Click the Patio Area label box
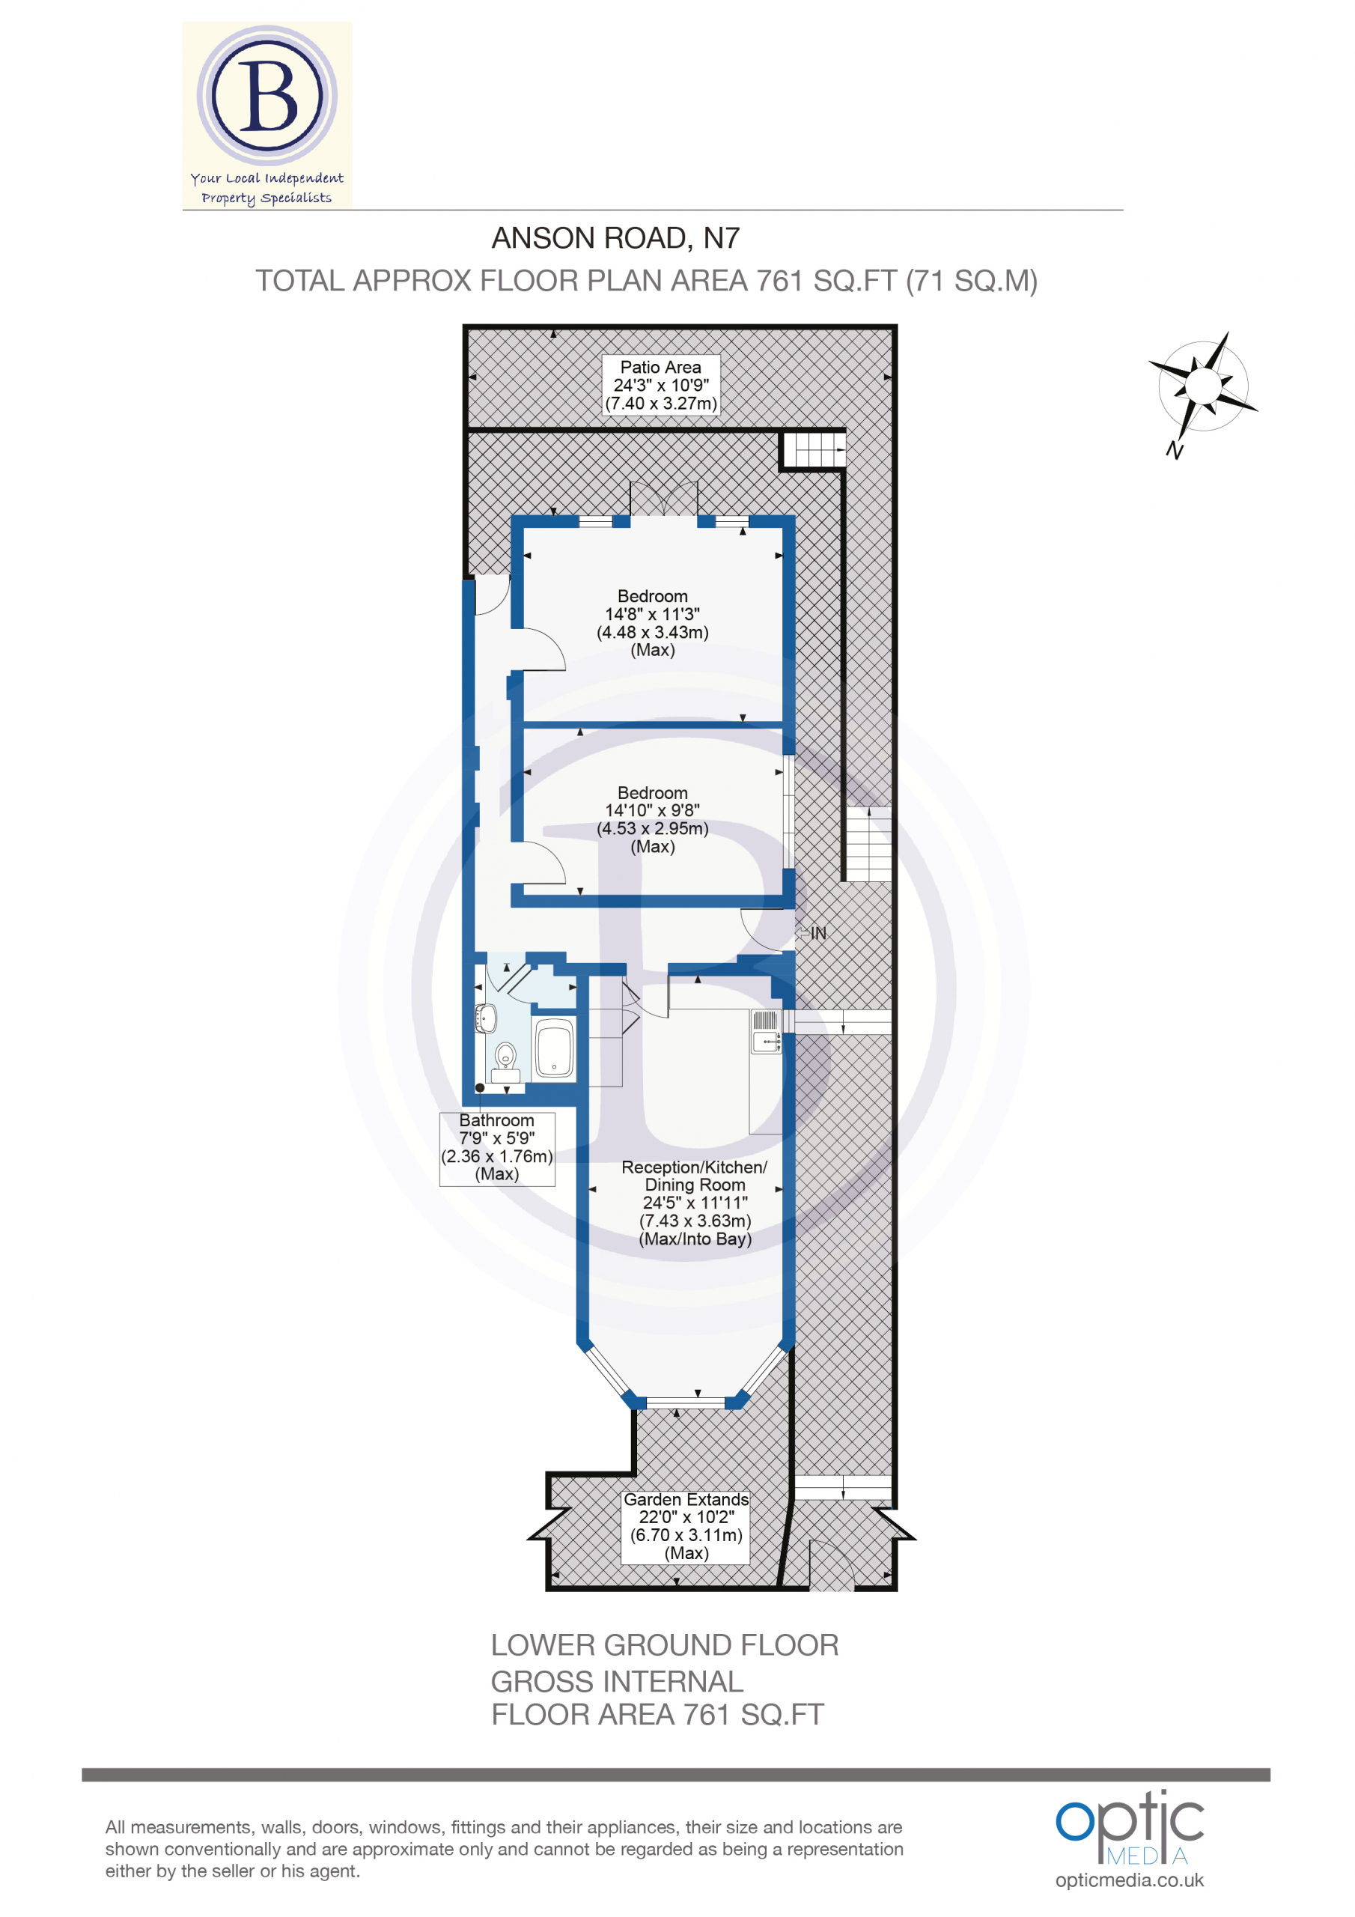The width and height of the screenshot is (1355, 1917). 660,385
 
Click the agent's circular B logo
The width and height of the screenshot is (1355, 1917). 267,95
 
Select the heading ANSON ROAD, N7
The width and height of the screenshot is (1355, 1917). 615,239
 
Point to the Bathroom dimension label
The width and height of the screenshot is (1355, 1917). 497,1148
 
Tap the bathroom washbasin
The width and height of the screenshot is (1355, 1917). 487,1018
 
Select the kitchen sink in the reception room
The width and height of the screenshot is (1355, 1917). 767,1032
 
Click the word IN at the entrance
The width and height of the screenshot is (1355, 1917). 818,934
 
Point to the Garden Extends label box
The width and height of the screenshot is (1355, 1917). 686,1527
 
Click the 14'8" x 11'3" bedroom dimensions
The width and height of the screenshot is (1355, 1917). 653,614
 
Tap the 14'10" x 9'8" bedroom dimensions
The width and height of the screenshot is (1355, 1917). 653,810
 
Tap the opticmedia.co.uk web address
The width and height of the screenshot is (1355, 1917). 1130,1880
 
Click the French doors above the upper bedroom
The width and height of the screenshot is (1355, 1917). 664,499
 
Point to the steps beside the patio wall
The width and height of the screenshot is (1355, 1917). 814,451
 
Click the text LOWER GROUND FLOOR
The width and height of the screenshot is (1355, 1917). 665,1645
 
